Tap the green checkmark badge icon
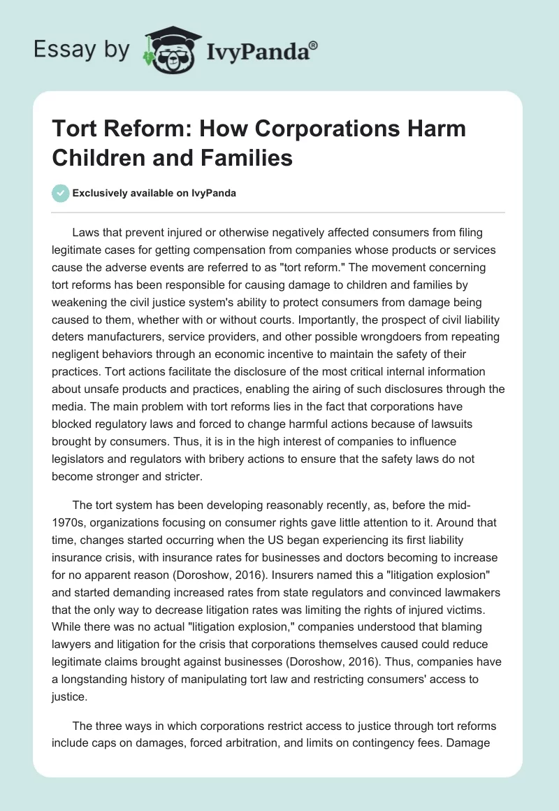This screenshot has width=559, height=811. tap(61, 193)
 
